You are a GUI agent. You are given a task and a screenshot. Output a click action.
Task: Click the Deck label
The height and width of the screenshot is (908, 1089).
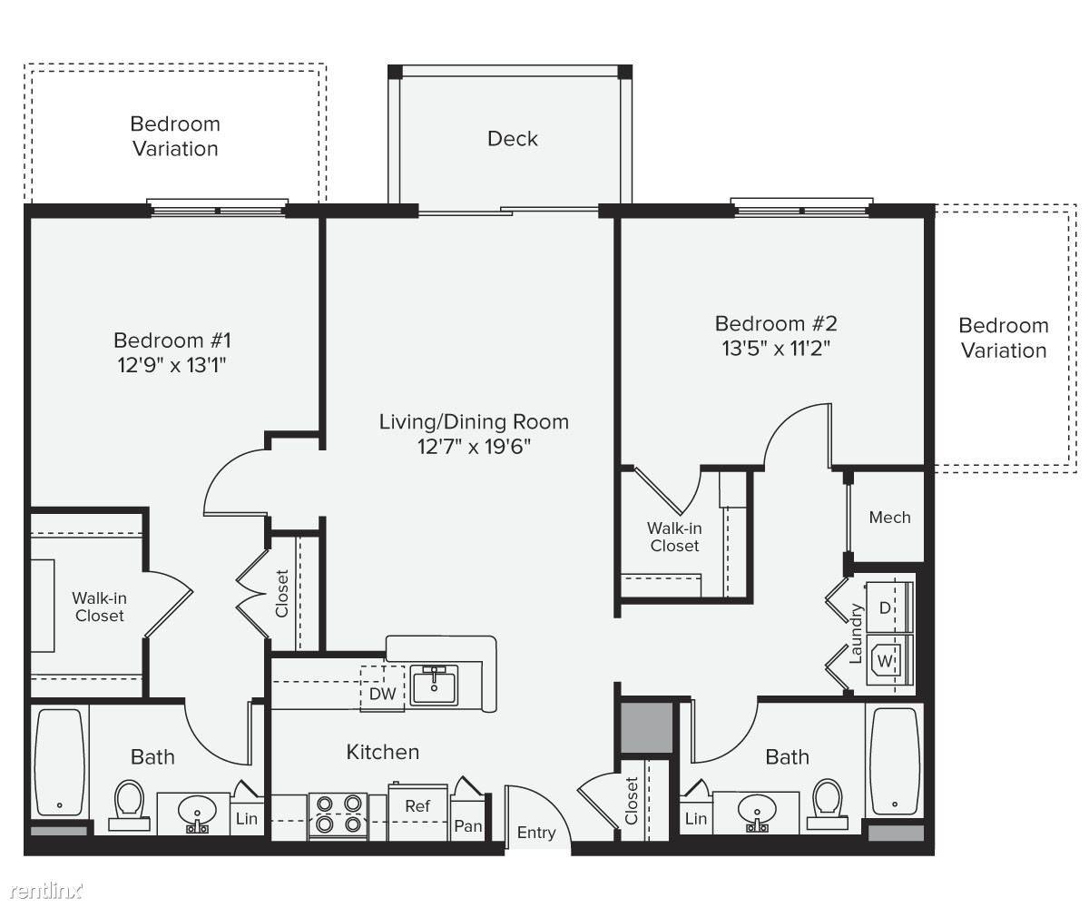pos(512,139)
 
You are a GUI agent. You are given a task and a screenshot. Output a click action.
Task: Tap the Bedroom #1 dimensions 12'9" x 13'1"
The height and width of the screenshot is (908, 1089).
pos(172,365)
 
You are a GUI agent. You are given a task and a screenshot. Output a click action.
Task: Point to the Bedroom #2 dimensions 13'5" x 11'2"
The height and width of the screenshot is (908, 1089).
pos(776,348)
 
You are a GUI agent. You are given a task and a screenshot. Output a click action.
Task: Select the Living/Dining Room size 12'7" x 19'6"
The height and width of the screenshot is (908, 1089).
pos(474,447)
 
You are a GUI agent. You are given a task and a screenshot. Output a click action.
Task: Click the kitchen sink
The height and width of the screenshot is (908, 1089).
pos(434,686)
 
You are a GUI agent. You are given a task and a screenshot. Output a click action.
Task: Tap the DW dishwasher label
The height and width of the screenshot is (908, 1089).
pos(382,694)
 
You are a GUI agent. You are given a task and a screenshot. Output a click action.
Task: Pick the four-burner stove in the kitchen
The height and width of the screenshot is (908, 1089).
pos(338,815)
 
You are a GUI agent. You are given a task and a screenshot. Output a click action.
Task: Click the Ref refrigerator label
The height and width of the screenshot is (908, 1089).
pos(417,806)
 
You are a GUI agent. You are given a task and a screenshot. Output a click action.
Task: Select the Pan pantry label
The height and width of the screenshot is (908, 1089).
pos(468,826)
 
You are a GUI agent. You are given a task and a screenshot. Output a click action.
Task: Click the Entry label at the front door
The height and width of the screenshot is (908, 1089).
pos(536,833)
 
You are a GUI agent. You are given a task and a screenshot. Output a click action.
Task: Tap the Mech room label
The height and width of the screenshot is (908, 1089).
pos(889,518)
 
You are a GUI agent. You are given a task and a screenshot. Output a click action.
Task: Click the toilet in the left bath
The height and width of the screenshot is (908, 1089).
pos(129,805)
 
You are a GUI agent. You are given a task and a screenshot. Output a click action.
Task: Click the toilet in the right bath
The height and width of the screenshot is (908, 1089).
pos(828,804)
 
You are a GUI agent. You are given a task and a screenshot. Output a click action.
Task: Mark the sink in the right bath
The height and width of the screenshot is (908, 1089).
pos(757,813)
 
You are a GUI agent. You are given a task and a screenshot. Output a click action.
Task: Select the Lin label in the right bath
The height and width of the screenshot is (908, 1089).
pos(696,819)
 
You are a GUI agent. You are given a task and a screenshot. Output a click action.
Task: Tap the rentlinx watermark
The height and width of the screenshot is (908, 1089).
pos(46,891)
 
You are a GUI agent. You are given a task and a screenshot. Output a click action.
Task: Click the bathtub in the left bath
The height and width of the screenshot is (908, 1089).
pos(59,763)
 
